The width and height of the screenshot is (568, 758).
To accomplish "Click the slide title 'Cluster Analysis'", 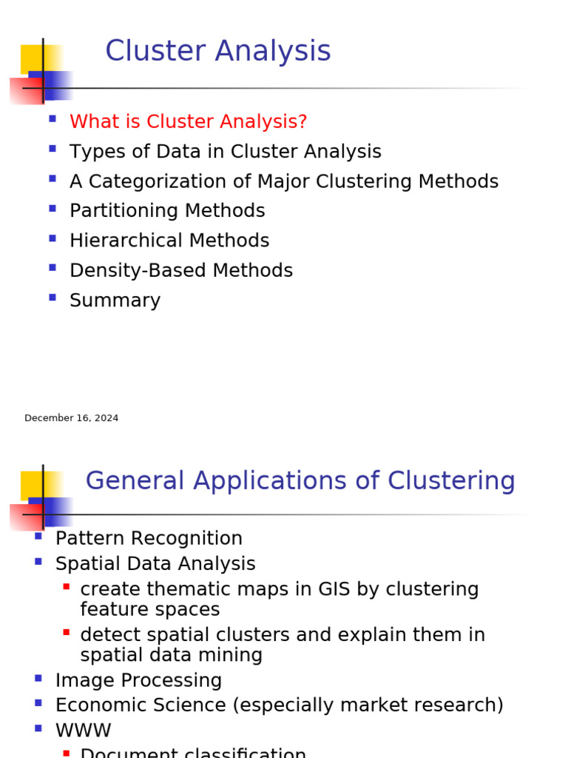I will click(x=217, y=51).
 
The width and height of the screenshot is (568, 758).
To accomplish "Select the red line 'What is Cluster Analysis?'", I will click(x=188, y=121).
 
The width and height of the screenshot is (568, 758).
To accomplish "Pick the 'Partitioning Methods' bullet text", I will click(x=167, y=211).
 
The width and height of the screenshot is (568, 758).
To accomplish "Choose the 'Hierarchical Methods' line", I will click(x=169, y=241).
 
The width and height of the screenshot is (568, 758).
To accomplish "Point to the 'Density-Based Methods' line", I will click(x=181, y=270).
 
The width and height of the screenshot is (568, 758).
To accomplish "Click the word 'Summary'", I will click(x=115, y=301).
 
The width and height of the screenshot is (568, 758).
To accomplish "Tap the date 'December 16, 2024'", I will click(x=71, y=418).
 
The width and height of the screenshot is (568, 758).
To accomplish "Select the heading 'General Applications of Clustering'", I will click(x=300, y=480).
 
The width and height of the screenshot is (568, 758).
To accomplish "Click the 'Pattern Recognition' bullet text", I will click(x=149, y=538).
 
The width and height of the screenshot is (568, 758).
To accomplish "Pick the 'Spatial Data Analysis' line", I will click(x=155, y=563).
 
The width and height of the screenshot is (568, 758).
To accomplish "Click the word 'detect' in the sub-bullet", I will click(x=107, y=635).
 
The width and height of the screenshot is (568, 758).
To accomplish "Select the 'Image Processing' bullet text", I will click(x=138, y=680).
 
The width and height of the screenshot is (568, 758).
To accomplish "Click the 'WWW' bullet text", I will click(x=83, y=731).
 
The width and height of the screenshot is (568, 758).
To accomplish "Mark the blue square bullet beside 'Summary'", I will click(x=52, y=297).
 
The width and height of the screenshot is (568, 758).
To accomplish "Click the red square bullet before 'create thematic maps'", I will click(x=67, y=586).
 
